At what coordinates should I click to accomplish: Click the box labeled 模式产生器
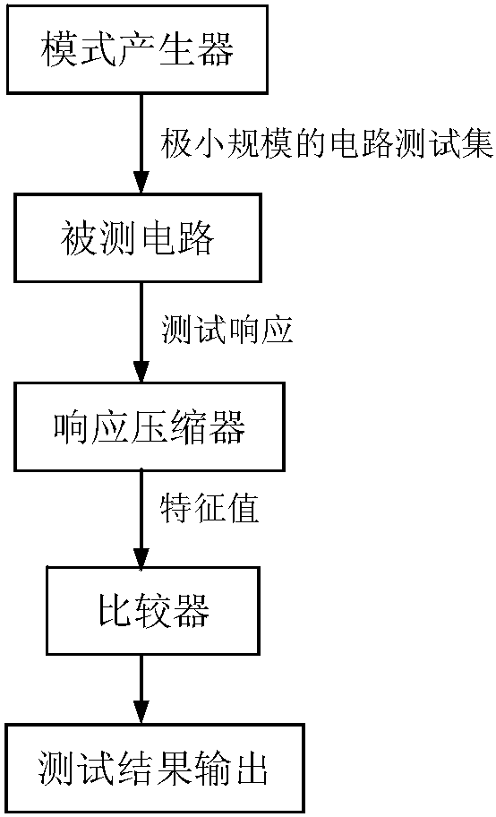coord(138,49)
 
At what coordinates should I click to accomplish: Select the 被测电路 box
coord(138,238)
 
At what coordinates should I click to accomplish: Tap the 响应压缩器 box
coord(150,426)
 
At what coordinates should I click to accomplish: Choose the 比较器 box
coord(153,610)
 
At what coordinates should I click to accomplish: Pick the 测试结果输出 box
coord(155,768)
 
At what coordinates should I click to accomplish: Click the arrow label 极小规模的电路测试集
coord(327,143)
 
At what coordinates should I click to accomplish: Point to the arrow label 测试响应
coord(227,330)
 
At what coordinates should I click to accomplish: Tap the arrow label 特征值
coord(210,508)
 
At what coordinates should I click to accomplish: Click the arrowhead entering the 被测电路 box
coord(141,184)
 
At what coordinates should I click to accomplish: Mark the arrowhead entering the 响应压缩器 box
coord(141,372)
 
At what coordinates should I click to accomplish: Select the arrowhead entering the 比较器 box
coord(141,556)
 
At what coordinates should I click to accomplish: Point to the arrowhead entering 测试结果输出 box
coord(141,713)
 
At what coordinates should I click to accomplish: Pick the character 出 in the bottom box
coord(252,768)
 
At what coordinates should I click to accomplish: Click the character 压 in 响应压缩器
coord(150,427)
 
